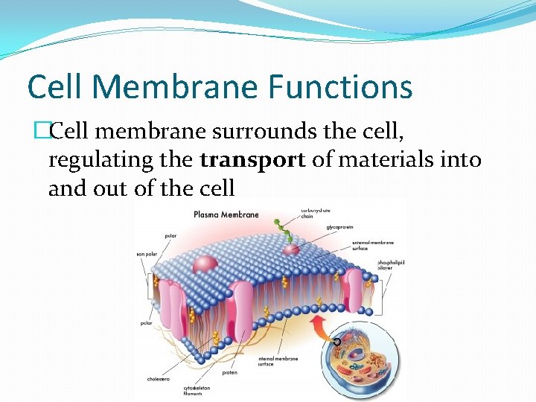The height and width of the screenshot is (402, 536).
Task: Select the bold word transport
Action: pos(253,160)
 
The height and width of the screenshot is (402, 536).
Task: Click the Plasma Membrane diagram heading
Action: pos(226,214)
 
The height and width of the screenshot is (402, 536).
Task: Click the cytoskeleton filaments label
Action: pos(198,390)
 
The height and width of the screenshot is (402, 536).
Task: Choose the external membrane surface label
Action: pos(374,245)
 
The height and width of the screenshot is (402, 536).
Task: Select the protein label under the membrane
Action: pos(229,373)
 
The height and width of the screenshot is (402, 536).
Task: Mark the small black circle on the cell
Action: pos(337,342)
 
